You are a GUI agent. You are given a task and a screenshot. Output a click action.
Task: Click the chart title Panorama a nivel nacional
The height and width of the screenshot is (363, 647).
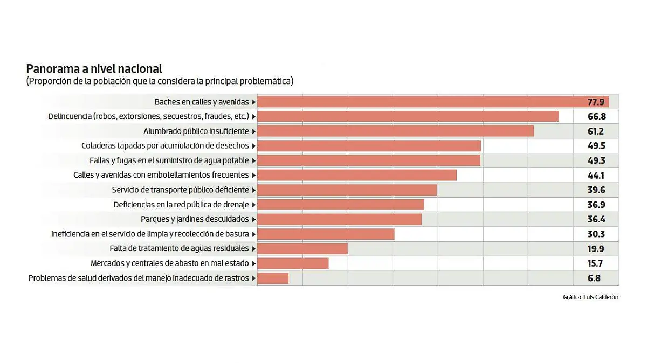(x=94, y=69)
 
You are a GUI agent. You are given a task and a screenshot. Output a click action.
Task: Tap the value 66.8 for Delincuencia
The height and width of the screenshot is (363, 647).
(x=596, y=116)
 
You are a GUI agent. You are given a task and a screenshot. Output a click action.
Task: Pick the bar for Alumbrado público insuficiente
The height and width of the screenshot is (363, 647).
(x=396, y=131)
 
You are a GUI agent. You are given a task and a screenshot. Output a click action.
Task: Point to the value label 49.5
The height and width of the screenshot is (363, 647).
(x=596, y=146)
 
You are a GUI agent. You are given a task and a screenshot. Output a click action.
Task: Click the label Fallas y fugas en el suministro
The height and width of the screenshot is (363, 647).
(x=169, y=160)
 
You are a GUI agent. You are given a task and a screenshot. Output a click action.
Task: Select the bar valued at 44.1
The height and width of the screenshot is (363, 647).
(x=357, y=175)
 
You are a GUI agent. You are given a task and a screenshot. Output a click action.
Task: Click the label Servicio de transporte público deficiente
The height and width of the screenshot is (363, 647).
(x=180, y=190)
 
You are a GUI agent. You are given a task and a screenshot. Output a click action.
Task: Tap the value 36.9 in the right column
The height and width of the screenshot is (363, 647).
(x=596, y=205)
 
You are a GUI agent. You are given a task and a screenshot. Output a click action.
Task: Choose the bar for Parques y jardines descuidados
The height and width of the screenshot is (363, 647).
(x=340, y=219)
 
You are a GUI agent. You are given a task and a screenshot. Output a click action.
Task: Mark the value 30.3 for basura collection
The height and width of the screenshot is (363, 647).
(x=596, y=234)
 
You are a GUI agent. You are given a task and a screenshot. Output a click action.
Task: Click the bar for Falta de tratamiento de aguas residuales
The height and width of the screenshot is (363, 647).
(x=303, y=249)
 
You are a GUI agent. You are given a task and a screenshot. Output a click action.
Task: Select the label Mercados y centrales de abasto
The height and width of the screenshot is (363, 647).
(x=170, y=263)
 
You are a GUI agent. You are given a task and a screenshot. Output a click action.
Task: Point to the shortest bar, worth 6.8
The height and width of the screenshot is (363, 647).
(x=273, y=278)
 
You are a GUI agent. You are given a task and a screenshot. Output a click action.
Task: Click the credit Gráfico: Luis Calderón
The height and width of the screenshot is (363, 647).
(x=590, y=297)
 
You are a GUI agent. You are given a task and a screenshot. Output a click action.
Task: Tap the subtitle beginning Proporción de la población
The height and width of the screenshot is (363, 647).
(x=160, y=81)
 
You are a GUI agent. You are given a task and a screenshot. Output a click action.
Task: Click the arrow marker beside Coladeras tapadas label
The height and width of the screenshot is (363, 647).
(x=253, y=146)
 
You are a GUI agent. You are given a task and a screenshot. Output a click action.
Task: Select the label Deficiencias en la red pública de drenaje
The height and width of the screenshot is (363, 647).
(x=181, y=205)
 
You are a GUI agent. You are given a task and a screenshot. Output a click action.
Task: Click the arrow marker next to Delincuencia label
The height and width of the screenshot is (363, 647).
(x=253, y=116)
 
